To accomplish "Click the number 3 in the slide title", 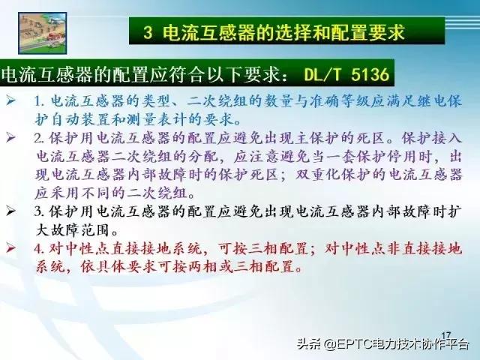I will (x=148, y=33).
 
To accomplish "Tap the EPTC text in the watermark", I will (x=359, y=345).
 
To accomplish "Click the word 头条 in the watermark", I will (x=310, y=345).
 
